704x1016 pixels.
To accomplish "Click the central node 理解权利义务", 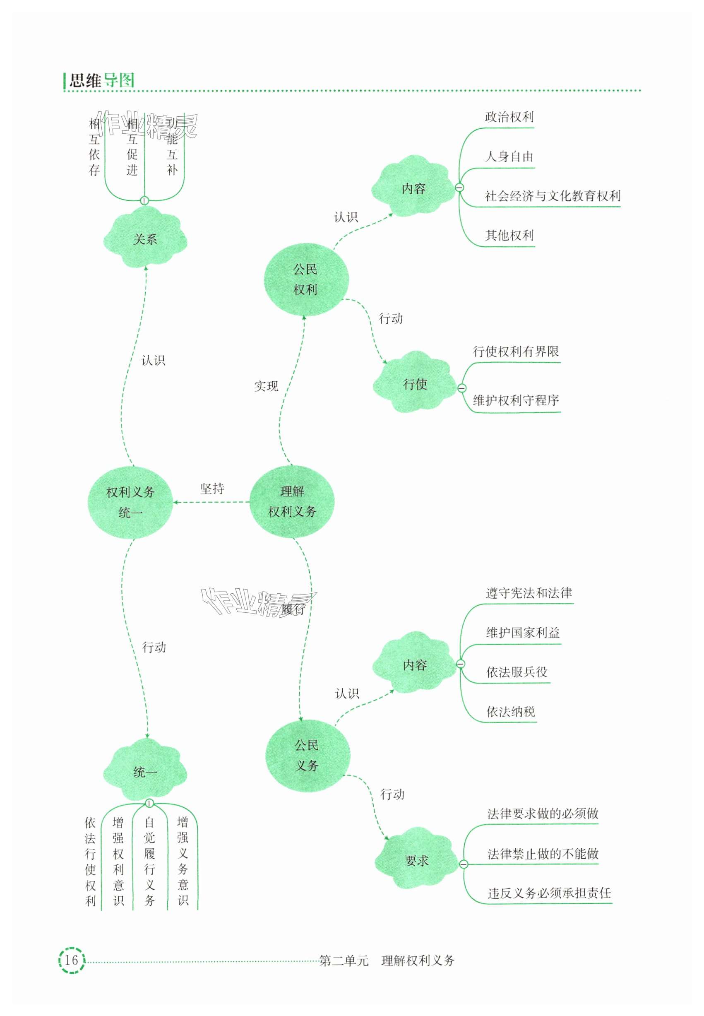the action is coord(292,502).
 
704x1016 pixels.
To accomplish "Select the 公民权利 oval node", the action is coord(306,279).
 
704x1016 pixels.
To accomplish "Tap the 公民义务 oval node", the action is coord(308,756).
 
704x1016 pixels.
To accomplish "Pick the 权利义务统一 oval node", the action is coord(130,503).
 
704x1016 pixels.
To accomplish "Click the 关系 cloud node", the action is coord(145,239).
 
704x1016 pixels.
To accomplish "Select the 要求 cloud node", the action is coord(416,860).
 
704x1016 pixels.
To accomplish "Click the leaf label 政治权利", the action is coord(509,117).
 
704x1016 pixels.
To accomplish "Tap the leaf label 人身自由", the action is coord(509,156).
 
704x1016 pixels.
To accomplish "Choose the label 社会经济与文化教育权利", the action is coord(552,196).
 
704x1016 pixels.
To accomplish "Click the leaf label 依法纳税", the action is coord(510,712).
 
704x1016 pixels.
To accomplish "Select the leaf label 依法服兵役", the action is coord(517,672).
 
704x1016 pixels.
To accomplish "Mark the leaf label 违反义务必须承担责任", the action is coord(549,893).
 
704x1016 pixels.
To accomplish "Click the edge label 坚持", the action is coord(212,489).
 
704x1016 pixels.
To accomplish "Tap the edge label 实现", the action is coord(266,386).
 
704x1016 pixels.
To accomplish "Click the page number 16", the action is coord(71,960).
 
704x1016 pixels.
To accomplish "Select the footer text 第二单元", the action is coord(344,961).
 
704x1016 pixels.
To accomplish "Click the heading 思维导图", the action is coord(101,80).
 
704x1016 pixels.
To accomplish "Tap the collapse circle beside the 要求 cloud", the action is coord(464,864).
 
